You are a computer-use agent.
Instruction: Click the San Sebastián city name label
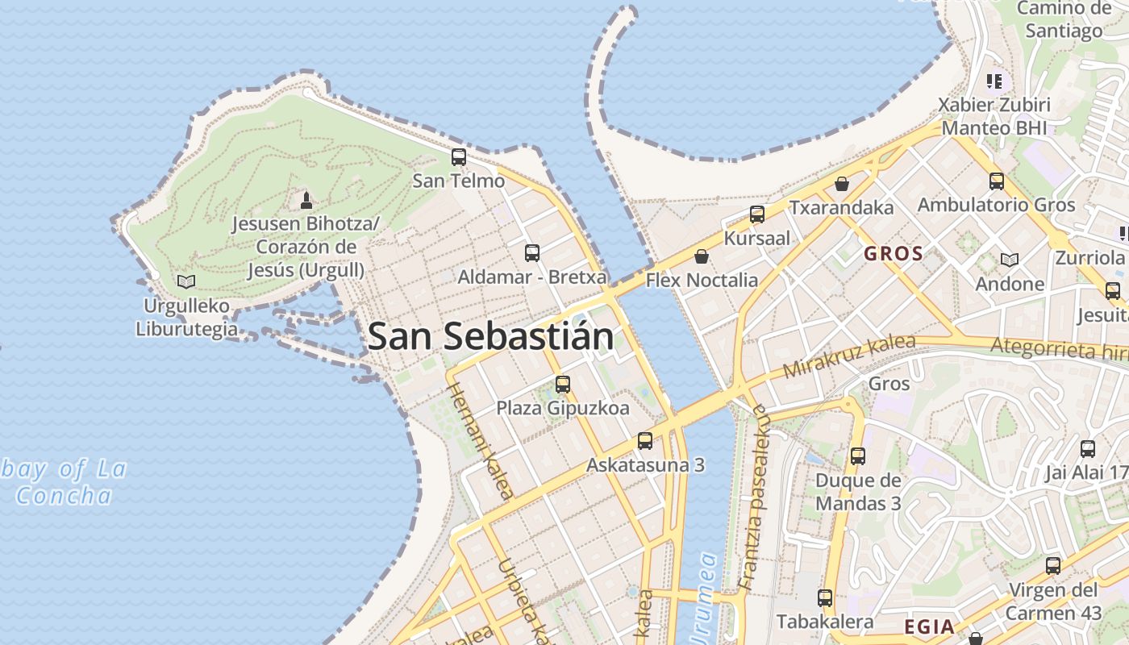click(x=490, y=336)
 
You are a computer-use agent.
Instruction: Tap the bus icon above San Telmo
click(x=458, y=157)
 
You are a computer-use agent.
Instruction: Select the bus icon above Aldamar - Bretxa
click(x=532, y=253)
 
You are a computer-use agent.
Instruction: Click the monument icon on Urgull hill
click(x=306, y=199)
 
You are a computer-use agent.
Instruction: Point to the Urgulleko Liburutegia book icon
click(x=186, y=281)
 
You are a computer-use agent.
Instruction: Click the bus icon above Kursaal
click(x=756, y=214)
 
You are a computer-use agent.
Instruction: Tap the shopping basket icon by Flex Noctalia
click(x=702, y=256)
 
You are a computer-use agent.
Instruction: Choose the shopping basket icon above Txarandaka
click(x=842, y=184)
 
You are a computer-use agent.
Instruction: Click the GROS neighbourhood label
click(x=893, y=254)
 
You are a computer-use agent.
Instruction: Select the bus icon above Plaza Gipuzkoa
click(x=563, y=385)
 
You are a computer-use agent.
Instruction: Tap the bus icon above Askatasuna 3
click(x=644, y=441)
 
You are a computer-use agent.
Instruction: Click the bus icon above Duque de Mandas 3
click(x=857, y=456)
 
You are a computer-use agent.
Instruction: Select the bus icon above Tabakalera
click(x=824, y=598)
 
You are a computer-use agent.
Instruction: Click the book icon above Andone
click(x=1009, y=260)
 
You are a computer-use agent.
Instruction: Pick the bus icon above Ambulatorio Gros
click(x=996, y=181)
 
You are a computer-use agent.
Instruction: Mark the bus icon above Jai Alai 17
click(x=1087, y=449)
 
